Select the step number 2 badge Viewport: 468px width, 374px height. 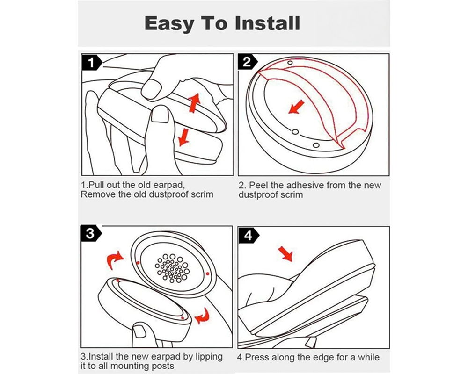pos(248,62)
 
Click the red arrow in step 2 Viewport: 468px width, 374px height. pos(294,109)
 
